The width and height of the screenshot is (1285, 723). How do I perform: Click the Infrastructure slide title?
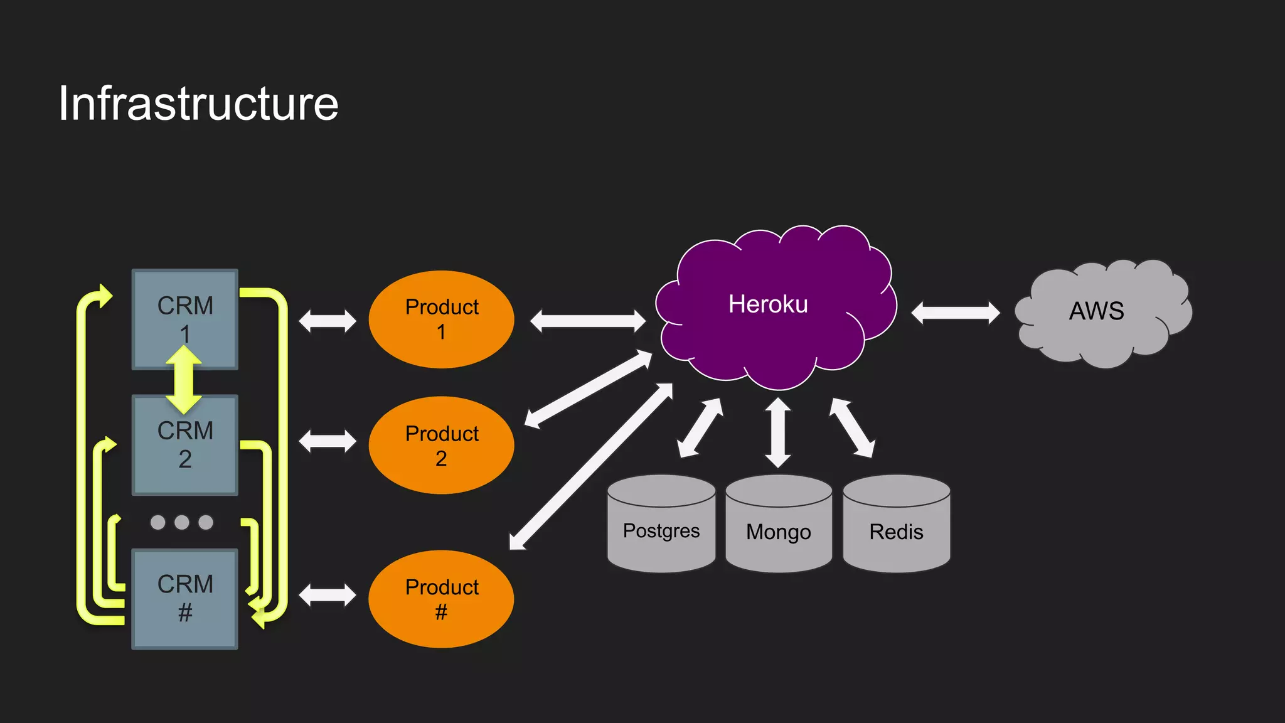point(198,104)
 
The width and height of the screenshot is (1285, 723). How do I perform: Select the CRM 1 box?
point(184,308)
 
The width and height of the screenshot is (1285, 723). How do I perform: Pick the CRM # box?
point(184,599)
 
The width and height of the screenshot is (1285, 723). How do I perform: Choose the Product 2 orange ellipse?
point(441,445)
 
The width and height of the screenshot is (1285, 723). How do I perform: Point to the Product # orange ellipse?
point(441,599)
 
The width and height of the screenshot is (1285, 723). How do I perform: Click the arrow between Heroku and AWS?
point(956,313)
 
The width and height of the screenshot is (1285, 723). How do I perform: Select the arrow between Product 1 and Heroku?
point(587,321)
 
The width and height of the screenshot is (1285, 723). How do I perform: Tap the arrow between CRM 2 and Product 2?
point(328,441)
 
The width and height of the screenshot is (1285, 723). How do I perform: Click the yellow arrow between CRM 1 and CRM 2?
point(184,380)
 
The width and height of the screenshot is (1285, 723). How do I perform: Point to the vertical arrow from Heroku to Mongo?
point(778,432)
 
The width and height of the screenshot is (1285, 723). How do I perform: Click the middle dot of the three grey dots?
point(182,522)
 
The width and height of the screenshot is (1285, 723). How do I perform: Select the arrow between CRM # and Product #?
point(328,595)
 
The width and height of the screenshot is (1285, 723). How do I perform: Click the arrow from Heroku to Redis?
point(851,427)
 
